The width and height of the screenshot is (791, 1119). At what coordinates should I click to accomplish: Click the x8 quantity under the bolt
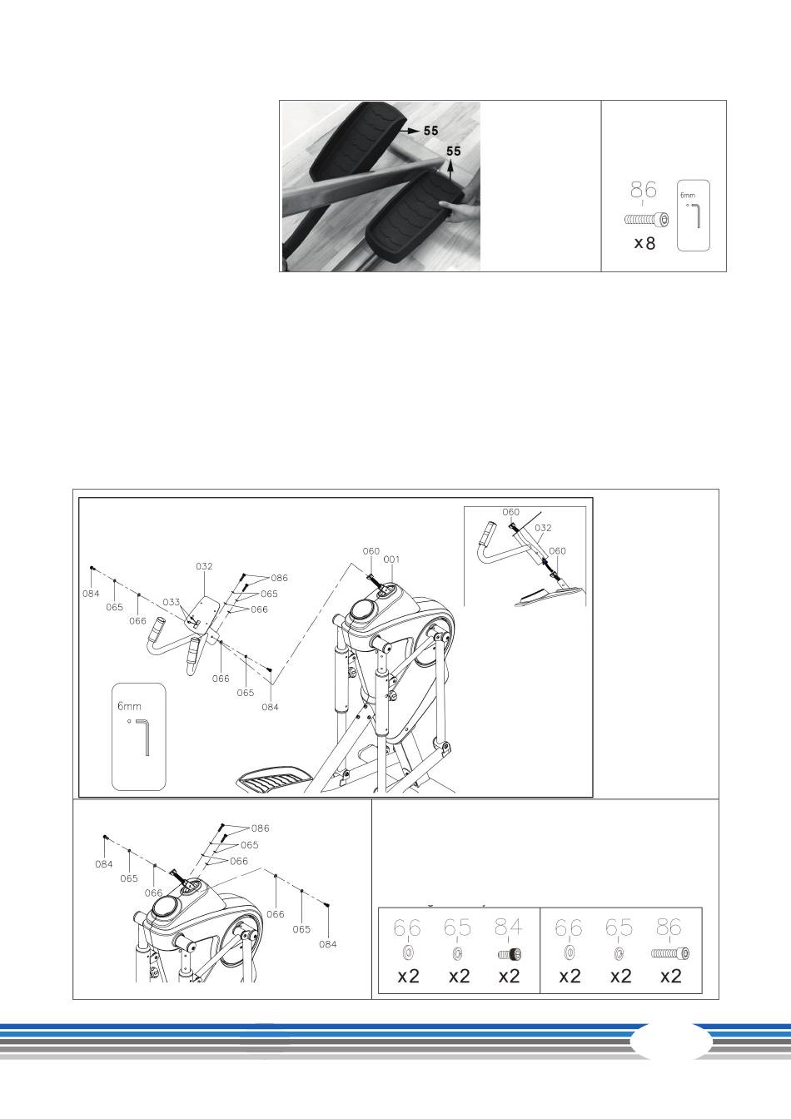pos(644,243)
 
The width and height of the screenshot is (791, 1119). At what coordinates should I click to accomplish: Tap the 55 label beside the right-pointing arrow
pos(430,131)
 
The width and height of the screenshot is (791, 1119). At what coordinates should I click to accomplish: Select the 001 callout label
pos(391,559)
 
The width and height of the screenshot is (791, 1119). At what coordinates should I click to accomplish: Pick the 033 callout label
pos(172,602)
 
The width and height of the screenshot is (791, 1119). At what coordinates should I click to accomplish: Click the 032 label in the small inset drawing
pos(543,528)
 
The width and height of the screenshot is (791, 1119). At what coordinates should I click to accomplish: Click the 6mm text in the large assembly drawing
pos(129,706)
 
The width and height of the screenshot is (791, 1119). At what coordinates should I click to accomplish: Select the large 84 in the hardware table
pos(509,928)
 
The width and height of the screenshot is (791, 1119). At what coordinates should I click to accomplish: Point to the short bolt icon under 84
pos(510,955)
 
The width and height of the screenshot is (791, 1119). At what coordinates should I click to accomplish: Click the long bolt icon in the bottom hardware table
pos(670,953)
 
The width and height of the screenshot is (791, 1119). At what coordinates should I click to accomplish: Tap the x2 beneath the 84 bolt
pos(510,976)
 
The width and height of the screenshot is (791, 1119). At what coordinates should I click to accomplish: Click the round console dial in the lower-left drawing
pos(165,906)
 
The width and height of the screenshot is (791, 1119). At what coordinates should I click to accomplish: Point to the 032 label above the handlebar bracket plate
pos(204,566)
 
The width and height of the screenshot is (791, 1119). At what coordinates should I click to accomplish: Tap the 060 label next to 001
pos(371,551)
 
